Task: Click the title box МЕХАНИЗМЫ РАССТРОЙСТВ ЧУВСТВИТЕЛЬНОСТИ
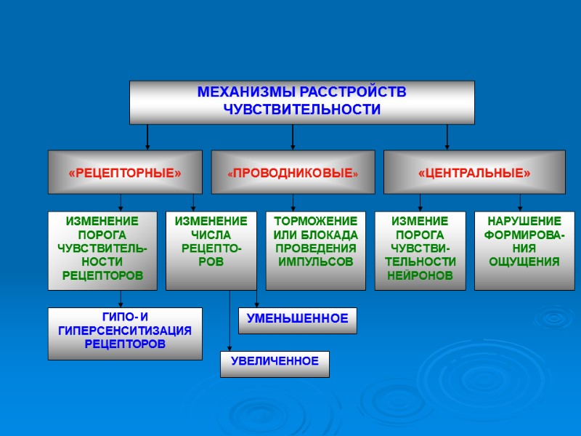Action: pos(301,102)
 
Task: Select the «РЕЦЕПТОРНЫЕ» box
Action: pos(125,172)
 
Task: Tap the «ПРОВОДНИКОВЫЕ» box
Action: pos(293,172)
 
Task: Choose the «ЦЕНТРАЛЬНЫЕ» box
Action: pos(474,172)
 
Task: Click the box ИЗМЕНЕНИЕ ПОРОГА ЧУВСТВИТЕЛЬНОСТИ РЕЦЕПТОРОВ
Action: pos(102,250)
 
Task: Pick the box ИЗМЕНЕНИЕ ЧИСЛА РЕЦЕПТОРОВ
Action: pos(211,250)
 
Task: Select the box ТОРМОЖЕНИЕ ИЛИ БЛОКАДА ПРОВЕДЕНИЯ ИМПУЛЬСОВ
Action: pos(315,250)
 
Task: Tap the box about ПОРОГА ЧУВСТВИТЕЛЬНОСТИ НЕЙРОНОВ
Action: pos(420,250)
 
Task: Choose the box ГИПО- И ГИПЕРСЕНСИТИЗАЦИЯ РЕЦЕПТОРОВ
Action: pos(125,334)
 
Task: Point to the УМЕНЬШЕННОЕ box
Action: pos(297,318)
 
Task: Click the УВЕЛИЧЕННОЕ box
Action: pos(275,363)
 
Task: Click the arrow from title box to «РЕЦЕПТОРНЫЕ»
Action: pos(147,137)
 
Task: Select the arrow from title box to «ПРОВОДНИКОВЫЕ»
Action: pos(293,137)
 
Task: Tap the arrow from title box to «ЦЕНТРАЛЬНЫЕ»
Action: pos(447,137)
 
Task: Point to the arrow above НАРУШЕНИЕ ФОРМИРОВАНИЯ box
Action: pos(520,203)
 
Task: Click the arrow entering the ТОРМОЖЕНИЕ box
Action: pos(293,203)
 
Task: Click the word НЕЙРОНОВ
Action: pos(420,275)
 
